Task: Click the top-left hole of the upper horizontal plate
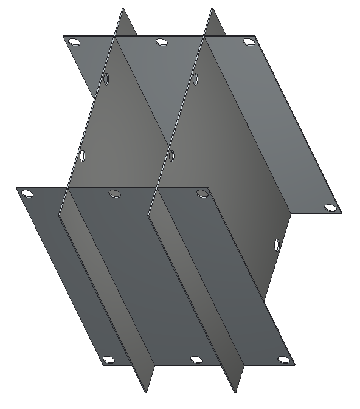click(74, 42)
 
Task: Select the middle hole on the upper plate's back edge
click(161, 42)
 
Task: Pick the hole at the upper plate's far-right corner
click(330, 208)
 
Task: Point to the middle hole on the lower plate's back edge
click(114, 194)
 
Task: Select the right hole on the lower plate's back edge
click(201, 194)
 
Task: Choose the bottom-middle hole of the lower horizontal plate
click(196, 360)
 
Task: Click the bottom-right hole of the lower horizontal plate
click(283, 360)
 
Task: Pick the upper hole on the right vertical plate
click(196, 78)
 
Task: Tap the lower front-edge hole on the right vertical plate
click(171, 156)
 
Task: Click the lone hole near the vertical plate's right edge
click(277, 245)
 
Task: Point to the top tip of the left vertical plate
click(123, 9)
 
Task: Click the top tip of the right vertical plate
click(212, 9)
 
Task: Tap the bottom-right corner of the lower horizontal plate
click(295, 365)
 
